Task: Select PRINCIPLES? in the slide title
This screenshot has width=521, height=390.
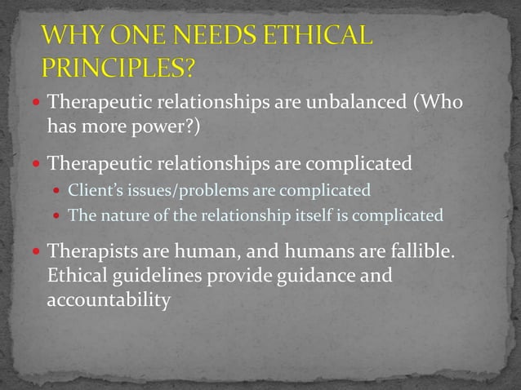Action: click(x=118, y=66)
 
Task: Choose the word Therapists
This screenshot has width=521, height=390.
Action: click(x=92, y=251)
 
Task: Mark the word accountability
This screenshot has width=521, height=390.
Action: click(x=109, y=300)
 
